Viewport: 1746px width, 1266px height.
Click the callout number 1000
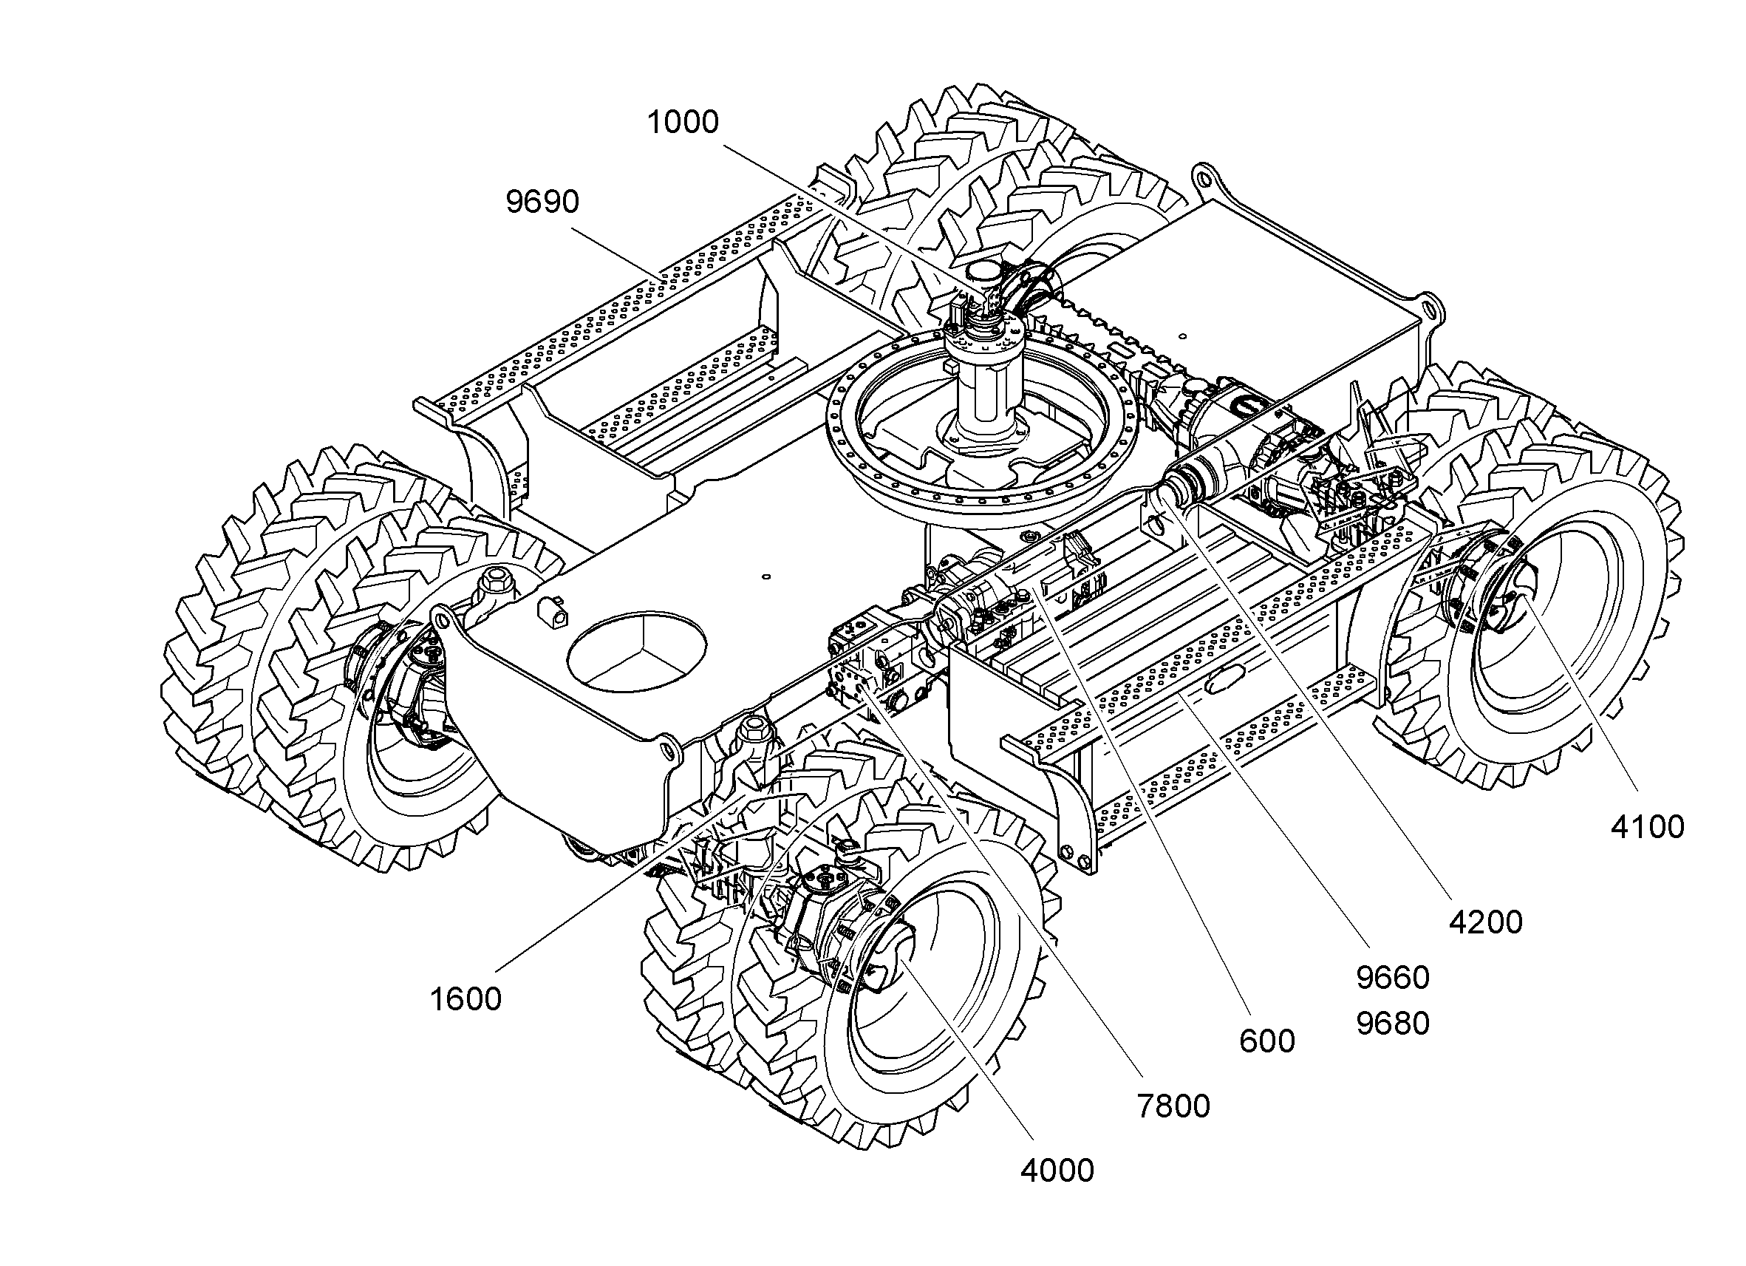pos(683,123)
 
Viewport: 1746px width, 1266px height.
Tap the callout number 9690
pos(542,202)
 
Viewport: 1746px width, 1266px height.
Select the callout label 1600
pos(465,998)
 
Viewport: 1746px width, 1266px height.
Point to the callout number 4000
pos(1057,1171)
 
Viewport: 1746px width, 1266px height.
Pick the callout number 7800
pos(1173,1106)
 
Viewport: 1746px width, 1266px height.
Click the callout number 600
pos(1267,1041)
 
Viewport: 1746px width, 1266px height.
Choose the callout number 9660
pos(1393,977)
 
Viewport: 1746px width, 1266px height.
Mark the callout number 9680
pos(1393,1024)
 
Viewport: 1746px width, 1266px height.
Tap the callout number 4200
pos(1486,922)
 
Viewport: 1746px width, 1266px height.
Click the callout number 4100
pos(1648,827)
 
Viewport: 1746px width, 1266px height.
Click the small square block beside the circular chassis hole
pos(554,610)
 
